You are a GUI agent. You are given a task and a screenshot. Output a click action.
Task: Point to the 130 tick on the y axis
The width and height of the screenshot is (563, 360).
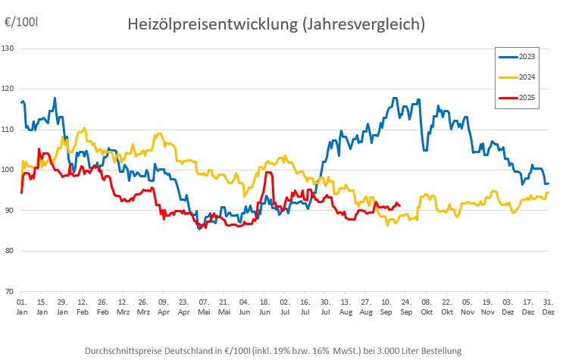[x=9, y=49]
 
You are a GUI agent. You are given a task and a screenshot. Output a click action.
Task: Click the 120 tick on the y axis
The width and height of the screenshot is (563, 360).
[x=9, y=89]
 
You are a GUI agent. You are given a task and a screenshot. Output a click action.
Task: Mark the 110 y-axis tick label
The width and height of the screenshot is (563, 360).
[x=9, y=130]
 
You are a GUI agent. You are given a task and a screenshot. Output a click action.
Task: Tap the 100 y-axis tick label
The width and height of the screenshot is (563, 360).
[x=9, y=170]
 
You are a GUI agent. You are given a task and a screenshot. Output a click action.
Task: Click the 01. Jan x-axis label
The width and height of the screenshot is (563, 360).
[x=22, y=307]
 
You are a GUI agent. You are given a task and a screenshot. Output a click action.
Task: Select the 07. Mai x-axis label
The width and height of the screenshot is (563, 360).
[x=203, y=307]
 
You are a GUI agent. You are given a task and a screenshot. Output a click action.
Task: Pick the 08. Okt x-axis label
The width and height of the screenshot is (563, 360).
[x=427, y=307]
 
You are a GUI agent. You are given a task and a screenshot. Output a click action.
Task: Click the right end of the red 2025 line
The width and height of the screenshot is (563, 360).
[x=399, y=205]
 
